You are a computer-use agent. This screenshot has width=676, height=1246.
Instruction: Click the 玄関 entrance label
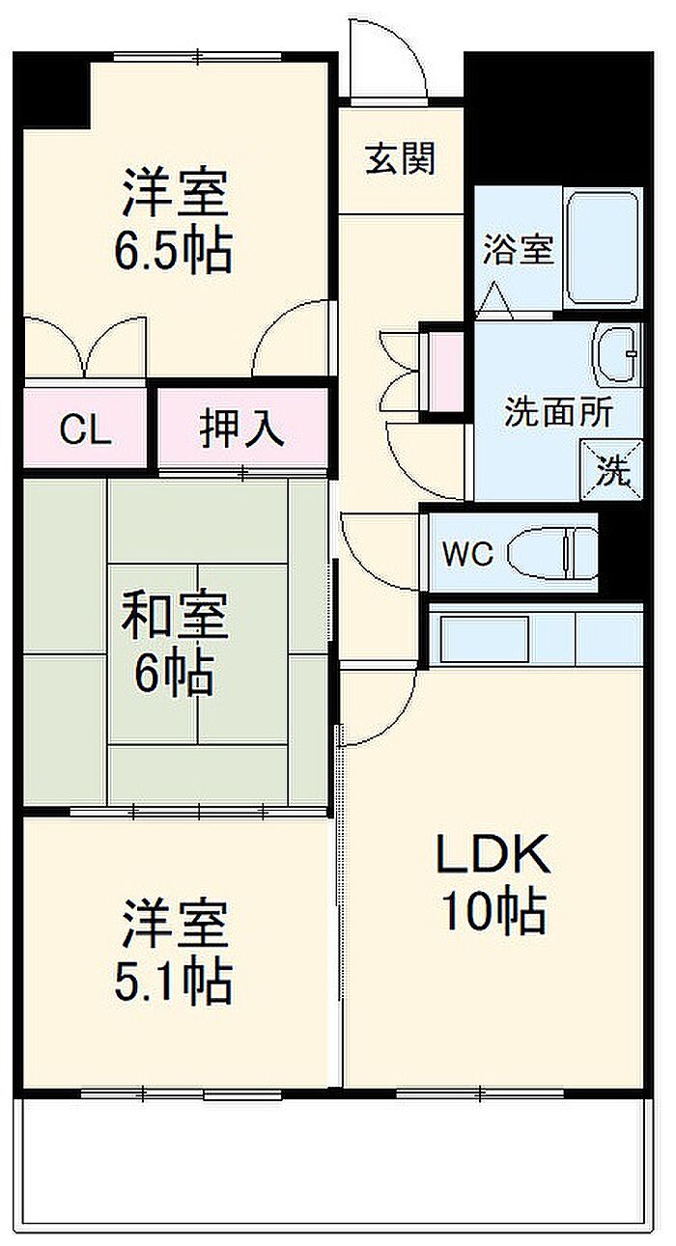[x=400, y=158]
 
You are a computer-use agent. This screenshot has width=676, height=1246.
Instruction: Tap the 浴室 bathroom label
[x=518, y=249]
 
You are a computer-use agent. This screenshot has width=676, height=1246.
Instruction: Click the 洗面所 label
[x=558, y=411]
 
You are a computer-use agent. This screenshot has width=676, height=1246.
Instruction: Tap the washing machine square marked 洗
[x=611, y=469]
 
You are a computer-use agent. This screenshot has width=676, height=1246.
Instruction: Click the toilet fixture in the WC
[x=552, y=553]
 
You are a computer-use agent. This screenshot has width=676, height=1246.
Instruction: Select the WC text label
[x=467, y=553]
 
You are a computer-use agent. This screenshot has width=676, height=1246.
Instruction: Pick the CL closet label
[x=85, y=429]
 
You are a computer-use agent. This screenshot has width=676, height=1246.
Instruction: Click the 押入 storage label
[x=242, y=428]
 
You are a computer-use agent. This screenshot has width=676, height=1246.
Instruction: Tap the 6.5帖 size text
[x=173, y=250]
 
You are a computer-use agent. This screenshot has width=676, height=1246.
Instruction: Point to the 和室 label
[x=174, y=615]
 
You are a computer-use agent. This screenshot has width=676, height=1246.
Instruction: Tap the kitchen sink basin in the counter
[x=484, y=638]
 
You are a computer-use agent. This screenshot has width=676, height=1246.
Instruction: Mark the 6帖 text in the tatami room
[x=174, y=675]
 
